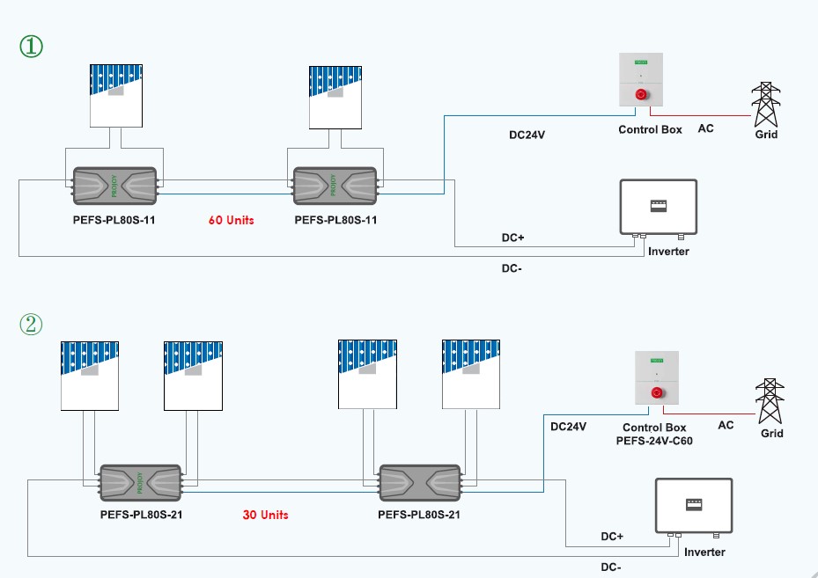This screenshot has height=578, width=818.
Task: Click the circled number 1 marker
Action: tap(31, 46)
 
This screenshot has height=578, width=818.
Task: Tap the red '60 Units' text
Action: tap(231, 220)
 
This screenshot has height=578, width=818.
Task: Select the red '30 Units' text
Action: tap(265, 515)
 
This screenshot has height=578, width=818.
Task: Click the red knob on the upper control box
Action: tap(640, 93)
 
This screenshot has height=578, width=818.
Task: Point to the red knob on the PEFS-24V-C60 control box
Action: tap(656, 392)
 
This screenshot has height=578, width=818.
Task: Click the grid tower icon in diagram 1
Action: tap(765, 106)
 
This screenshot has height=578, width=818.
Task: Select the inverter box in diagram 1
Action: tap(658, 208)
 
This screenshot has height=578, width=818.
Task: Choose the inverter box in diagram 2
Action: tap(694, 506)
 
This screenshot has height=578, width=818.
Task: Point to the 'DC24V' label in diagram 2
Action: tap(568, 426)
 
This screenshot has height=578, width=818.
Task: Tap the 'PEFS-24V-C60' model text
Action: tap(654, 440)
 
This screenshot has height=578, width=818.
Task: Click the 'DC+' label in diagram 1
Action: tap(512, 238)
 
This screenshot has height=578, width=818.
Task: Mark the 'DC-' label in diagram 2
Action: tap(611, 567)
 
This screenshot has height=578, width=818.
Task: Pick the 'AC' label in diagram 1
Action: tap(705, 128)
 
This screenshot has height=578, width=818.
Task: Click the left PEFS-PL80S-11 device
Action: tap(114, 186)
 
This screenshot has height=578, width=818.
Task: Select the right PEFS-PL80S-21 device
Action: tap(419, 481)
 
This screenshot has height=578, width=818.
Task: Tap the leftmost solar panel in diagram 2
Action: tap(89, 374)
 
